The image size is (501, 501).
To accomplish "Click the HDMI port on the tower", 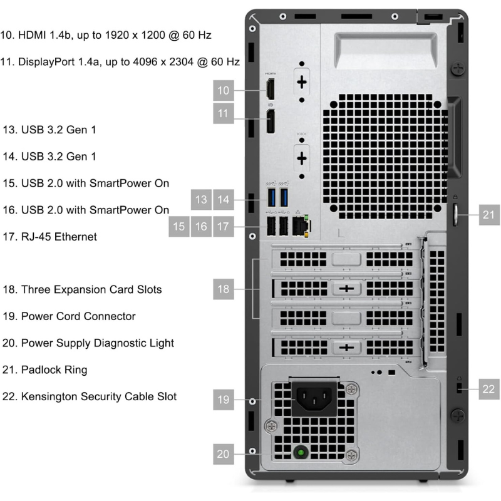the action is click(271, 89).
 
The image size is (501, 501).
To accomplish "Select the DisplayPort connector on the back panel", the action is click(271, 121).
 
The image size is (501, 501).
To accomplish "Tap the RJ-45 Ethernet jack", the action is click(301, 226).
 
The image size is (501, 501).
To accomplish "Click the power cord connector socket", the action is click(314, 398).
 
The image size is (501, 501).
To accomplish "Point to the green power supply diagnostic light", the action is click(301, 452).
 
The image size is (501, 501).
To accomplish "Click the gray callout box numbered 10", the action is click(224, 90).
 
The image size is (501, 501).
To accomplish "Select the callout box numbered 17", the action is click(224, 227).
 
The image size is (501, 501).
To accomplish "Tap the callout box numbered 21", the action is click(489, 215).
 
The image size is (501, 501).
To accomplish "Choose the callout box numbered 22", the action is click(489, 389).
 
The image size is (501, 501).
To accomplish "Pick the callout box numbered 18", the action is click(224, 289).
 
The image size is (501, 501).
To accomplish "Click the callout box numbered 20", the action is click(224, 454).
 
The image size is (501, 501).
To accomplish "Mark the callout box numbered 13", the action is click(201, 200).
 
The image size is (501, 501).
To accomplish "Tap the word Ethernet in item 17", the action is click(75, 237).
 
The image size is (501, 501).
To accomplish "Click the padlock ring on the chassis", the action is click(455, 215).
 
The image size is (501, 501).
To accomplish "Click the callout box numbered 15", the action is click(178, 227).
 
